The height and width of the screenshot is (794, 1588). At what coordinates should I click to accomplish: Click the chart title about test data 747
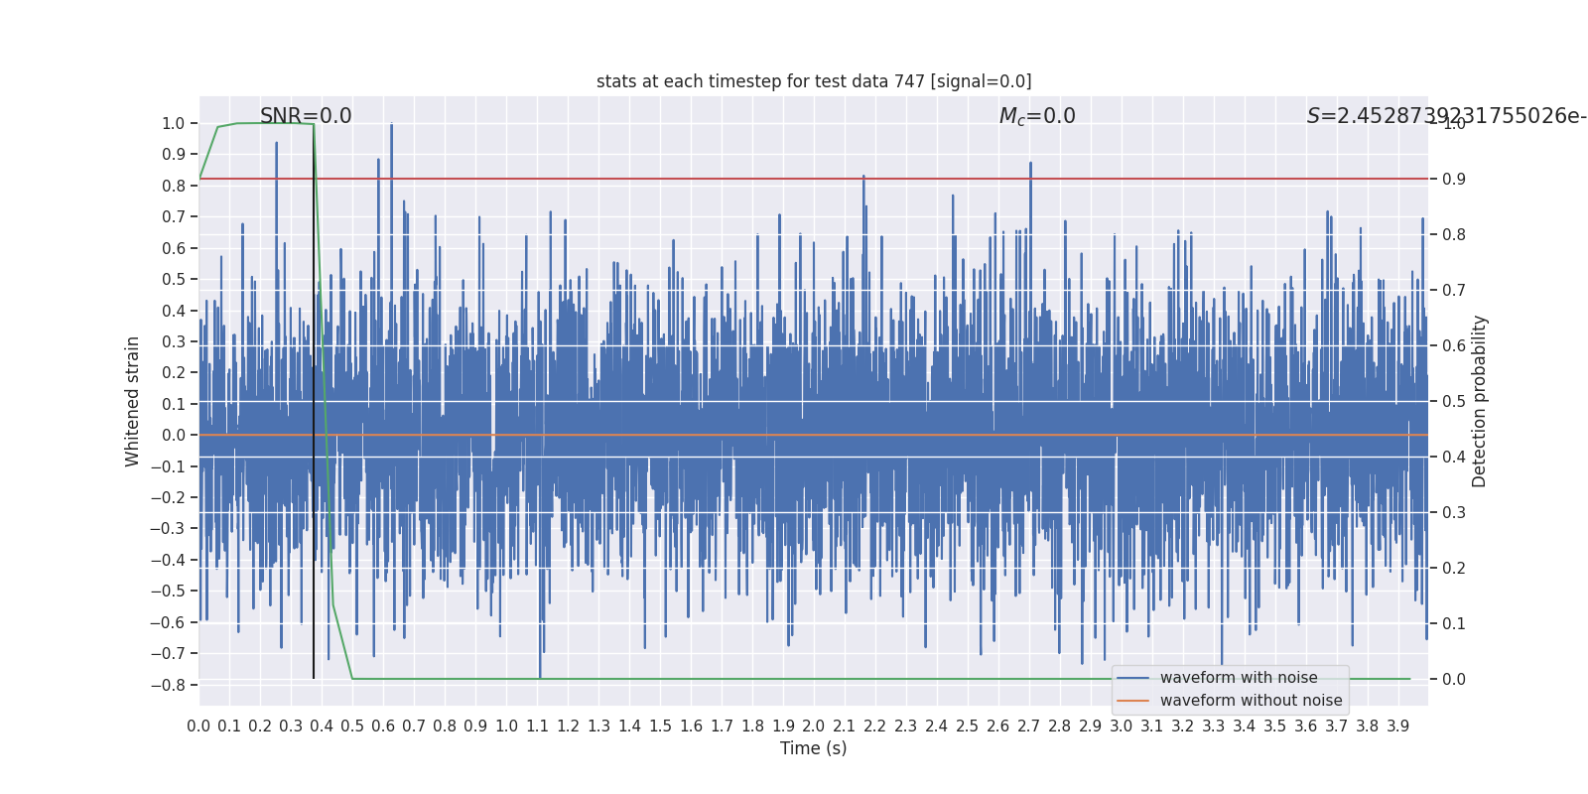click(813, 81)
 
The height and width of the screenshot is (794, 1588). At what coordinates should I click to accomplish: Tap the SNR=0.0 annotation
click(306, 116)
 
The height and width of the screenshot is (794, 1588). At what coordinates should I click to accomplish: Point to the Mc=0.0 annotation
click(1037, 116)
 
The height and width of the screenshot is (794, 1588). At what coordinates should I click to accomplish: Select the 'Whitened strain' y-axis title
click(133, 401)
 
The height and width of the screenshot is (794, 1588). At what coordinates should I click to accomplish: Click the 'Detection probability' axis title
click(1480, 401)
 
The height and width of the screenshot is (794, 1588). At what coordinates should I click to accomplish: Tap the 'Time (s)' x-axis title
click(813, 748)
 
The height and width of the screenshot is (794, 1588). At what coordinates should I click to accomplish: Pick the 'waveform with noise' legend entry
click(1239, 678)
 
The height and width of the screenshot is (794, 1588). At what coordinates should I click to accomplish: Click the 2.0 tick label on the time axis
click(814, 727)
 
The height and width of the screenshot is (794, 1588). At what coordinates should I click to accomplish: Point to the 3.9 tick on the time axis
click(1397, 727)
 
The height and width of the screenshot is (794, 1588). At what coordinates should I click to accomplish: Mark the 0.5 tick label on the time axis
click(352, 727)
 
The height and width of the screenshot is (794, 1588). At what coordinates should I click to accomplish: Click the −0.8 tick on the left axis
click(173, 685)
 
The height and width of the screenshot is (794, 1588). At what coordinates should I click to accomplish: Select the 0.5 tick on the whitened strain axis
click(174, 280)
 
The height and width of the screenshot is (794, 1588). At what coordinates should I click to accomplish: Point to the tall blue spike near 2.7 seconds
click(1030, 164)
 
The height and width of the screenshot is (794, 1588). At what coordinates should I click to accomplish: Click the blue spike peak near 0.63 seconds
click(391, 125)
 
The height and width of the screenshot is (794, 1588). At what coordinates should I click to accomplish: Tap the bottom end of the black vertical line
click(314, 678)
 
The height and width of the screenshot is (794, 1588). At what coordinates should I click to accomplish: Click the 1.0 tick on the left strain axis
click(174, 124)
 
